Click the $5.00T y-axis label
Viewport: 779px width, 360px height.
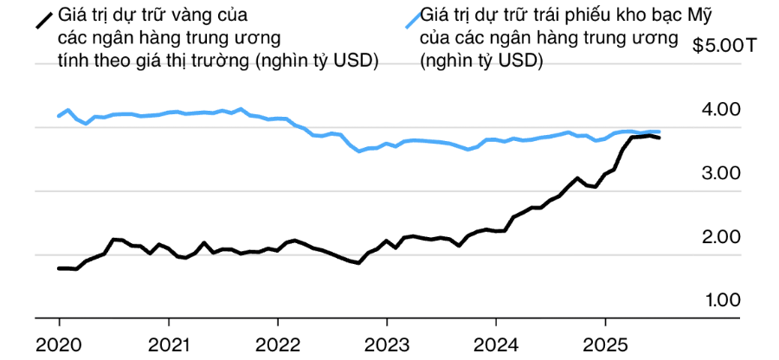(x=724, y=47)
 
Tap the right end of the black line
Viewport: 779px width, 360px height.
(x=660, y=138)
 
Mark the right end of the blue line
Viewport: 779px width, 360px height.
(x=660, y=132)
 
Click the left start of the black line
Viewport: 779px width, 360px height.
(x=59, y=268)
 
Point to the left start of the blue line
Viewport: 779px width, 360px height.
(x=59, y=116)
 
